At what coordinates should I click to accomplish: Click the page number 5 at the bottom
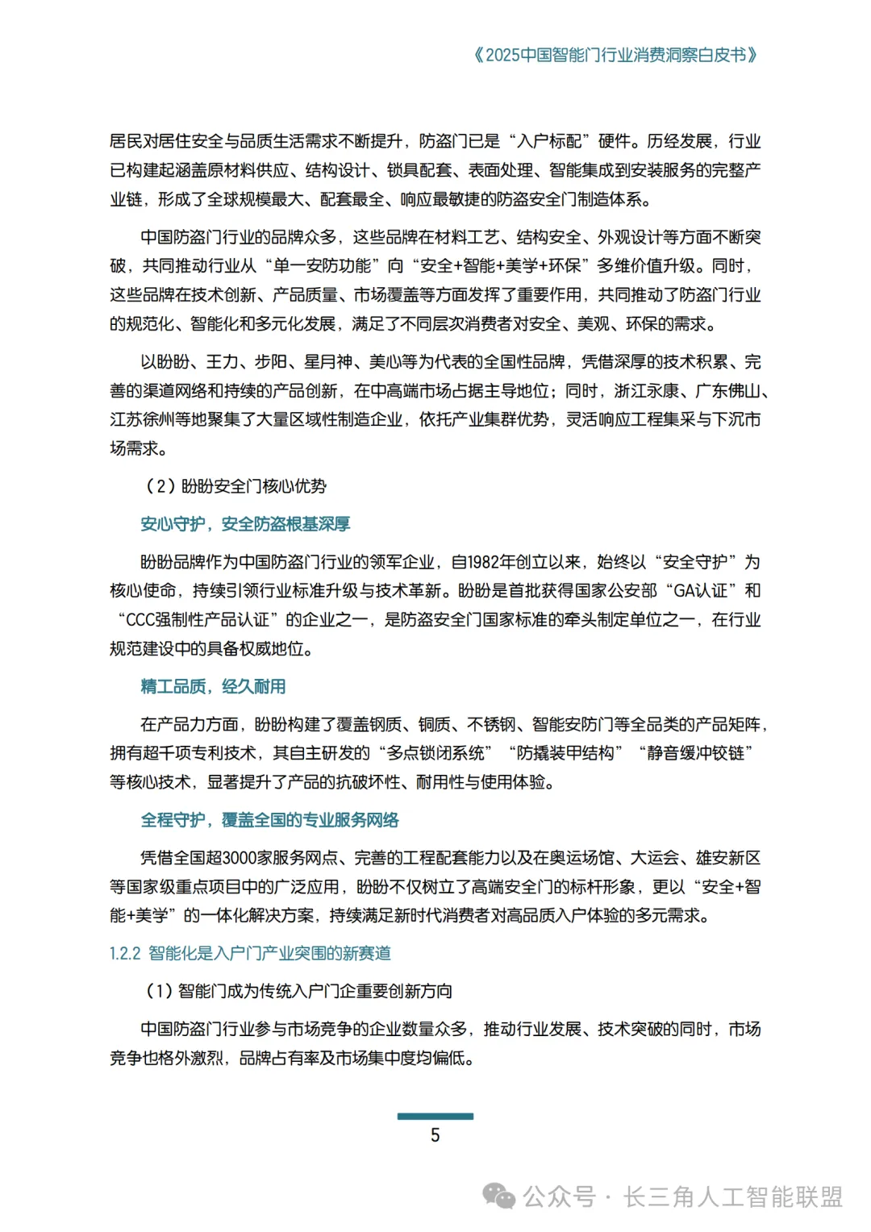(x=435, y=1135)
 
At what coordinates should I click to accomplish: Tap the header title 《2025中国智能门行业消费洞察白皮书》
(x=615, y=55)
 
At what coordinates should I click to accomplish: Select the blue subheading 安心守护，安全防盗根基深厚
(x=245, y=524)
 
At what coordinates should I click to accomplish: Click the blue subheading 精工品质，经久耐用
(x=213, y=686)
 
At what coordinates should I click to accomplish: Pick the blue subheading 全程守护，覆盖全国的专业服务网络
(x=269, y=820)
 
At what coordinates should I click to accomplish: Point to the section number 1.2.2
(x=125, y=953)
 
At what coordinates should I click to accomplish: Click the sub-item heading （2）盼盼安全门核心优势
(x=235, y=486)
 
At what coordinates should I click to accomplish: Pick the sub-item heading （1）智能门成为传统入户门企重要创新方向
(x=298, y=991)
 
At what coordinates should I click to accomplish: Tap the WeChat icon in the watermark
(x=499, y=1197)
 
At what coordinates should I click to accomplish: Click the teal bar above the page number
(x=435, y=1117)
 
